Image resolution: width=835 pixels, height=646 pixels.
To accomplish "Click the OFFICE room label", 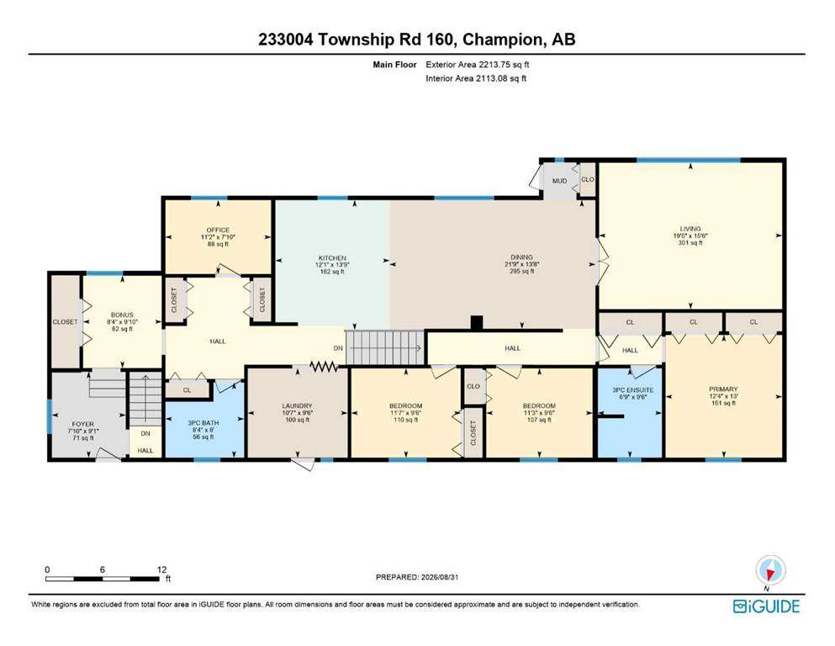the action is click(218, 230).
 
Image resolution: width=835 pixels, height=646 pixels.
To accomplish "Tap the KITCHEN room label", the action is click(332, 257).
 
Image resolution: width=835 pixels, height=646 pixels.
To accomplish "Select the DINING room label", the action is click(522, 257).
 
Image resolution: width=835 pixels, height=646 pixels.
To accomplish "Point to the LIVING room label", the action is click(690, 229).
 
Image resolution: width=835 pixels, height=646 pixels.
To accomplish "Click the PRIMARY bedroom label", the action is click(723, 389).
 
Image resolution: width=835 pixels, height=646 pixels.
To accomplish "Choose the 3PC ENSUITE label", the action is click(632, 389).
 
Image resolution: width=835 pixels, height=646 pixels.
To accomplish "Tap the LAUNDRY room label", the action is click(297, 405).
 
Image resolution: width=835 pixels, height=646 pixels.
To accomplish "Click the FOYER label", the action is click(82, 424).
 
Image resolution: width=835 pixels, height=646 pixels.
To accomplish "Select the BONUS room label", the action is click(122, 315).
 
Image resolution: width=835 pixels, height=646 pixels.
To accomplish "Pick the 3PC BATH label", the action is click(203, 423).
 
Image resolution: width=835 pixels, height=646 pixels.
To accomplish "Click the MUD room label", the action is click(560, 181).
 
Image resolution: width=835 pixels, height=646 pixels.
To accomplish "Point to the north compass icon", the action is click(770, 571).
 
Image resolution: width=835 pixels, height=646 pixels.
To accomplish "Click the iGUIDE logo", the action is click(766, 606).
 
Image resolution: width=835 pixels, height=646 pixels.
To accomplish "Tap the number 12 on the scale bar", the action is click(162, 569).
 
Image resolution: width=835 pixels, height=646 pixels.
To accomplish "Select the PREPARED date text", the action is click(417, 577).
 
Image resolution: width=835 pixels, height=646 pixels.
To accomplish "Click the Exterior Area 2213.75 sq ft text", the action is click(477, 65).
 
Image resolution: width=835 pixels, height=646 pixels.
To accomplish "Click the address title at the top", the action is click(417, 40).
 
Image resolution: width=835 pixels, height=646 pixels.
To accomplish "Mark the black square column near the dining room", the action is click(477, 323).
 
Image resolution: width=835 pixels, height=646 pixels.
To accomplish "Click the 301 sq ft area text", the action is click(690, 243).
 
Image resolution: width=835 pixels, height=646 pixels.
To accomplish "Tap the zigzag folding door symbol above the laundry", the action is click(324, 366).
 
